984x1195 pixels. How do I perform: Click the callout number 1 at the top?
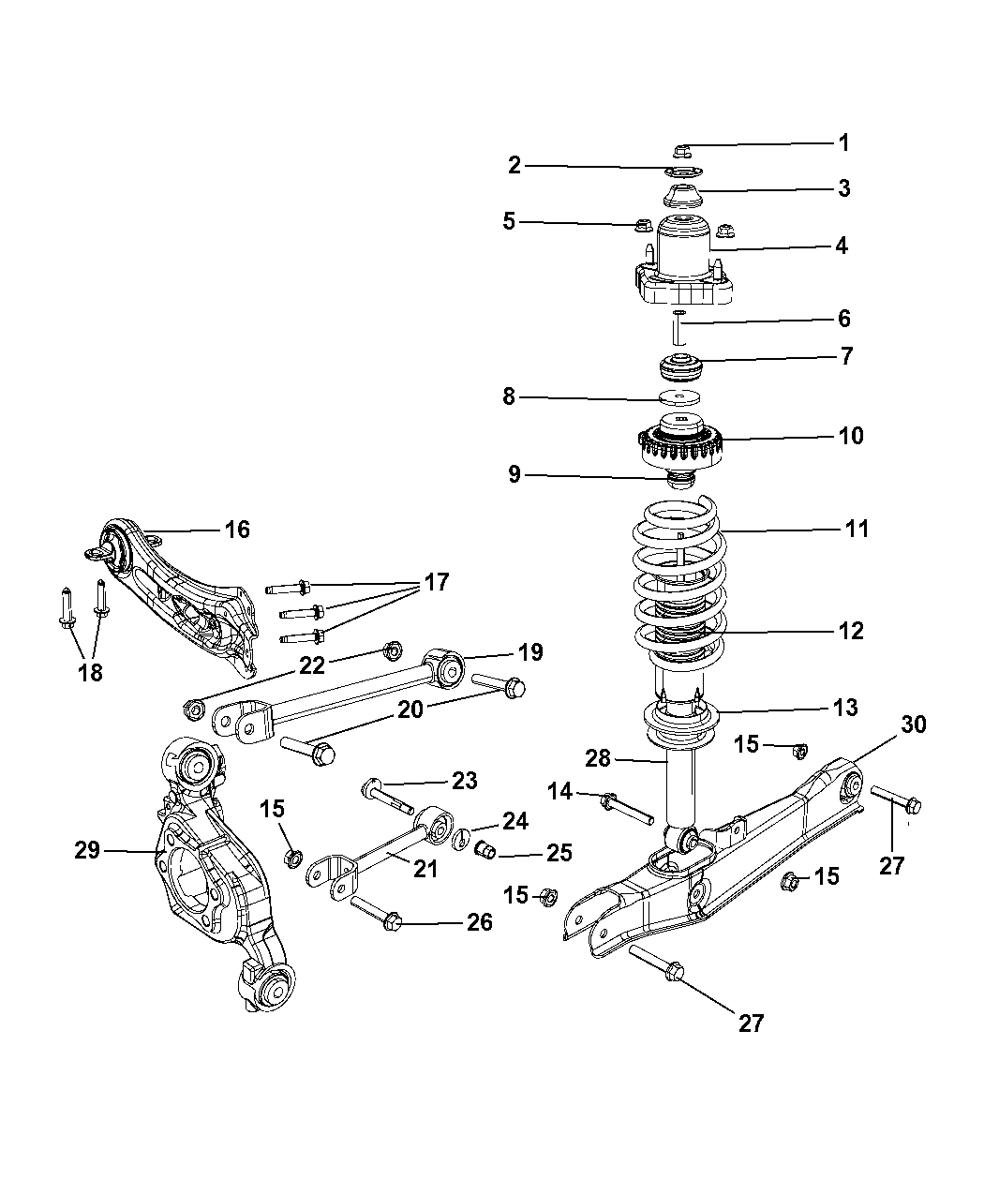pyautogui.click(x=843, y=142)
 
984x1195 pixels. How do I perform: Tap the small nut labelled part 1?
pyautogui.click(x=681, y=149)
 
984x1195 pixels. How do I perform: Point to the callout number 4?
pyautogui.click(x=841, y=246)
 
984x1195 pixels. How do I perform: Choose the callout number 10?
pyautogui.click(x=851, y=436)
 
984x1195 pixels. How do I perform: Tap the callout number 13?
pyautogui.click(x=844, y=707)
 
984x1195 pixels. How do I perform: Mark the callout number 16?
pyautogui.click(x=237, y=530)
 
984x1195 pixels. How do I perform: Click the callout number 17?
pyautogui.click(x=436, y=582)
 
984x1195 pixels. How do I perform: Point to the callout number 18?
pyautogui.click(x=90, y=672)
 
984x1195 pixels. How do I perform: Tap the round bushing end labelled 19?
pyautogui.click(x=449, y=670)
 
